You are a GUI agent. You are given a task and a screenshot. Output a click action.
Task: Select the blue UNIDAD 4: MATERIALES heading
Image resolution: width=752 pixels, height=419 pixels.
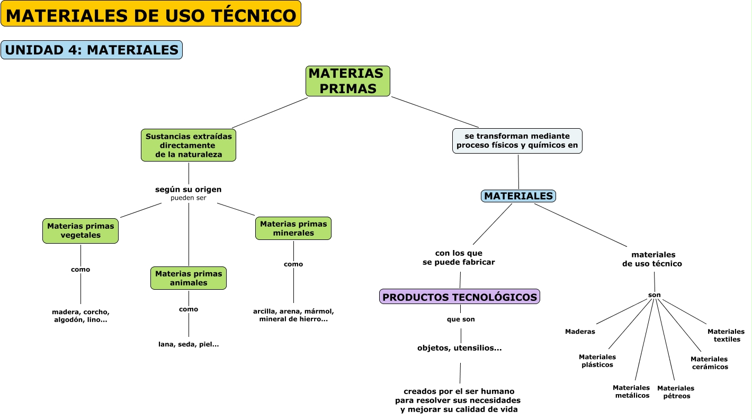92,50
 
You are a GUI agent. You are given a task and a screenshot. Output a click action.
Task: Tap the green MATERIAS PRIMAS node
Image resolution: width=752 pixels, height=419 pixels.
348,81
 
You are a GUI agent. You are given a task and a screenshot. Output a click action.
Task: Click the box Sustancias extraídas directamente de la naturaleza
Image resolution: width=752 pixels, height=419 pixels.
189,145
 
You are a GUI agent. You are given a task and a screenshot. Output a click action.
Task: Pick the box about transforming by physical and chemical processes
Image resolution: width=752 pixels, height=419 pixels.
517,141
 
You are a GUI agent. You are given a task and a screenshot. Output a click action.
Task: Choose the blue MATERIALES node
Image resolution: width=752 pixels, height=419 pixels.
518,196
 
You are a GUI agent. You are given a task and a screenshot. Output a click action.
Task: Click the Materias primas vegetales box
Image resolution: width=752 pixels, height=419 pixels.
80,230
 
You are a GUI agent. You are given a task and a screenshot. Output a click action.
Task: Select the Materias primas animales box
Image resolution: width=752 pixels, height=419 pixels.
189,278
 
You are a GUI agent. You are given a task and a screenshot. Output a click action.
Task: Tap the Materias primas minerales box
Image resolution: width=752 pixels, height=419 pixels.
293,228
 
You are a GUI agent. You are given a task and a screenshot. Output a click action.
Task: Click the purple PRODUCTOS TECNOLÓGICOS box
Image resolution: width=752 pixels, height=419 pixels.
460,297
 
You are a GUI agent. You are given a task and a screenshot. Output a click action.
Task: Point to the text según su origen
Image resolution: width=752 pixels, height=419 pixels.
189,189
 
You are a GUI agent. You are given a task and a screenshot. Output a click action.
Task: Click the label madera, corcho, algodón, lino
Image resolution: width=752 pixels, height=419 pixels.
80,316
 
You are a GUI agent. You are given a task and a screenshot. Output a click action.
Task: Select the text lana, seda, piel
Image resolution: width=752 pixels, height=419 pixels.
189,344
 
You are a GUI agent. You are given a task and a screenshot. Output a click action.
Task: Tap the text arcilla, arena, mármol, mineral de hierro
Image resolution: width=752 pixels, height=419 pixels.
293,315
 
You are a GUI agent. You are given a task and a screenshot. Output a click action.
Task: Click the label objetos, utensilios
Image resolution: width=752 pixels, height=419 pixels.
460,348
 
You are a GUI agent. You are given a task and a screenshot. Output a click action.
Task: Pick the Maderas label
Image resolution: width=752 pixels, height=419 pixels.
580,332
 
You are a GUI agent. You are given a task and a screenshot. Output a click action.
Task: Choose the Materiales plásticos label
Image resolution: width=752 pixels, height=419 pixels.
597,361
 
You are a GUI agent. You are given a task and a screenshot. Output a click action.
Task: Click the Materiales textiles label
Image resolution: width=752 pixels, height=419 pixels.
726,335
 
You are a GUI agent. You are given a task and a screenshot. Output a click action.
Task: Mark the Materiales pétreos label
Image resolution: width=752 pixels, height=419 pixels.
676,392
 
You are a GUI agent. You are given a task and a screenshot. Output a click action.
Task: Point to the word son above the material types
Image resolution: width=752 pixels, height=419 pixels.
655,295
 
